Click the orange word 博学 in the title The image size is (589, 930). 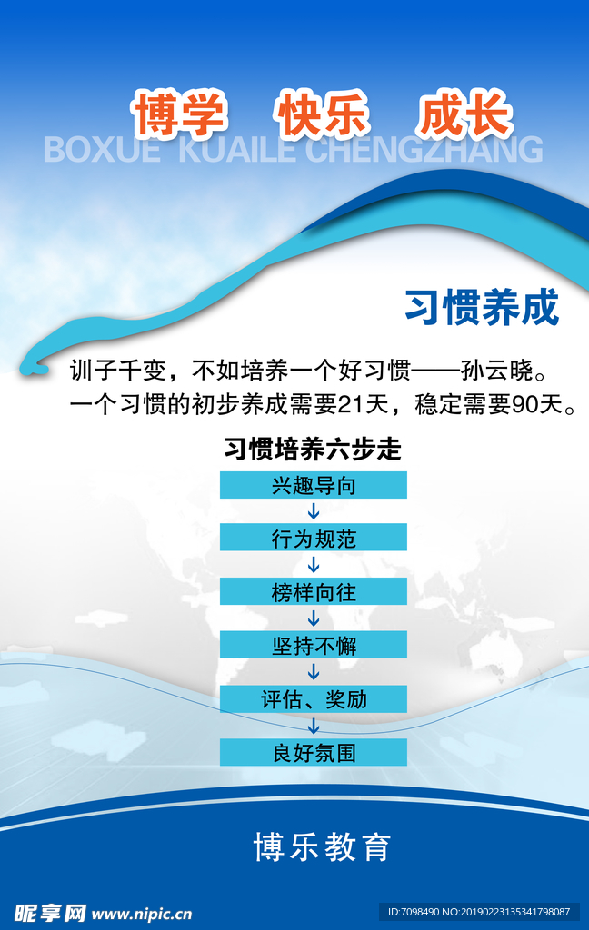tap(179, 114)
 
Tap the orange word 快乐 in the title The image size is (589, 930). tap(322, 114)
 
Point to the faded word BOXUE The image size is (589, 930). tap(102, 150)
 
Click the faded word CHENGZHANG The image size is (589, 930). tap(424, 150)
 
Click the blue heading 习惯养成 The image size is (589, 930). tap(482, 307)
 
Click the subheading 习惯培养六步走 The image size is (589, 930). tap(313, 449)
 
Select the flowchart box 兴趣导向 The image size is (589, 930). tap(314, 485)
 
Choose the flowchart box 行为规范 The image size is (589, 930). tap(314, 538)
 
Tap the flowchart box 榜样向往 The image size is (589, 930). tap(314, 591)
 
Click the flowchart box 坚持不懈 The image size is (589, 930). tap(314, 645)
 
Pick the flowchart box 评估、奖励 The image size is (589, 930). tap(314, 698)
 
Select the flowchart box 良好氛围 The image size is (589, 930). tap(314, 752)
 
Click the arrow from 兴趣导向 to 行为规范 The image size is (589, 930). tap(314, 511)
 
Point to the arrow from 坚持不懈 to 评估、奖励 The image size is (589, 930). tap(314, 671)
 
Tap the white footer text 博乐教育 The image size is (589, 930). tap(323, 846)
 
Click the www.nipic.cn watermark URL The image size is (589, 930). tap(142, 914)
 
